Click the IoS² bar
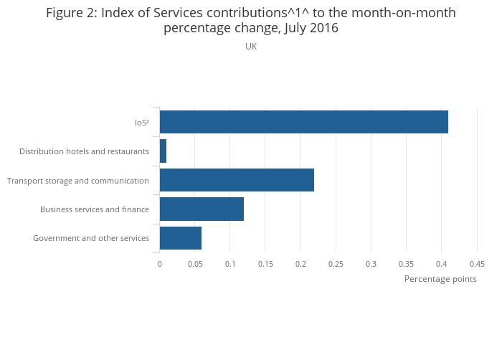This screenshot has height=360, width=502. (303, 122)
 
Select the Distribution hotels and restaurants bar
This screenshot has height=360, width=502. (163, 151)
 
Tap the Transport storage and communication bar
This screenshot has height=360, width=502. (237, 180)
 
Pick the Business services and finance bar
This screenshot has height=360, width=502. (202, 209)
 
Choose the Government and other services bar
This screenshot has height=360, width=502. (181, 238)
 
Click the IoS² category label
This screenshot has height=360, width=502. (142, 123)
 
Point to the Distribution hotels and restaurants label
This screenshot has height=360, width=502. (84, 151)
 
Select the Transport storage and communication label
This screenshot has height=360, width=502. (78, 181)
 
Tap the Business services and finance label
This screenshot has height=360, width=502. (95, 209)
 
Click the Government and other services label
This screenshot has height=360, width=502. (91, 238)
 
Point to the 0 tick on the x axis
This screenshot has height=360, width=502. (160, 264)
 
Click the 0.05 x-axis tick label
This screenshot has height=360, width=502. (194, 264)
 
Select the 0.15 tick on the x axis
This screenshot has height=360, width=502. (265, 264)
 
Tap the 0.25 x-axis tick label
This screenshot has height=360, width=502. (336, 264)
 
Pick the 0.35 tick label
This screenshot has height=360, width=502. (406, 264)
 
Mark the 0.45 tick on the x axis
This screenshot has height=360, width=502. (477, 264)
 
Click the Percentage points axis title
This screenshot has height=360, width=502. (440, 279)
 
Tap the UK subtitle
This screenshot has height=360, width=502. (251, 47)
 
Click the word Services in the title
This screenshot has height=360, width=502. (180, 13)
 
